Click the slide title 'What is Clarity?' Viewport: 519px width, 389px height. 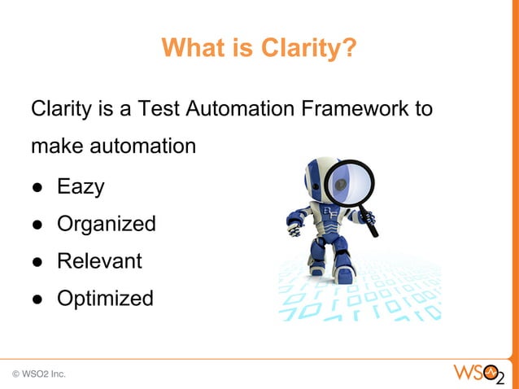[x=259, y=48]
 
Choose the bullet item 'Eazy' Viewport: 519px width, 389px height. [x=80, y=187]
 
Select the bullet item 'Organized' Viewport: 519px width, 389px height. [x=106, y=225]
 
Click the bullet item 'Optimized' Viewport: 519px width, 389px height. [x=104, y=299]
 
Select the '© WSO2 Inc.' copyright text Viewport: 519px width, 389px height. [x=39, y=374]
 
